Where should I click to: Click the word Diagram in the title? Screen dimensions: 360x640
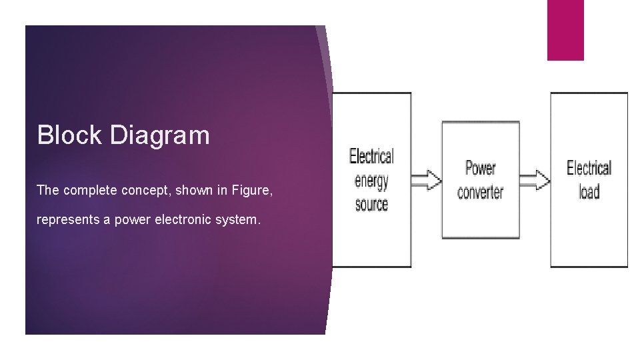click(x=160, y=136)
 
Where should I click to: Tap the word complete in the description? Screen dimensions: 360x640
click(x=91, y=191)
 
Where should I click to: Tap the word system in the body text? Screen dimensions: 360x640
click(x=235, y=220)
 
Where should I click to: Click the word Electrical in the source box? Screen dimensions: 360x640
click(x=371, y=157)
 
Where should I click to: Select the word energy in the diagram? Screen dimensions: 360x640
click(x=371, y=181)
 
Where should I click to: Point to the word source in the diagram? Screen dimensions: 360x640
click(x=371, y=204)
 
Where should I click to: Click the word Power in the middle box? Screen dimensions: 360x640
click(x=480, y=167)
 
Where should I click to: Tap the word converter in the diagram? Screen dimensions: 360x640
click(x=480, y=192)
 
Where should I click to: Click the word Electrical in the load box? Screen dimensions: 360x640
click(x=589, y=167)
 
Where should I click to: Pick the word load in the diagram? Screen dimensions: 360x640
click(x=589, y=192)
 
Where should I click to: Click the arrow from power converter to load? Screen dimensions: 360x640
click(x=535, y=180)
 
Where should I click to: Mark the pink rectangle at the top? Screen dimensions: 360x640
click(x=565, y=30)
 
